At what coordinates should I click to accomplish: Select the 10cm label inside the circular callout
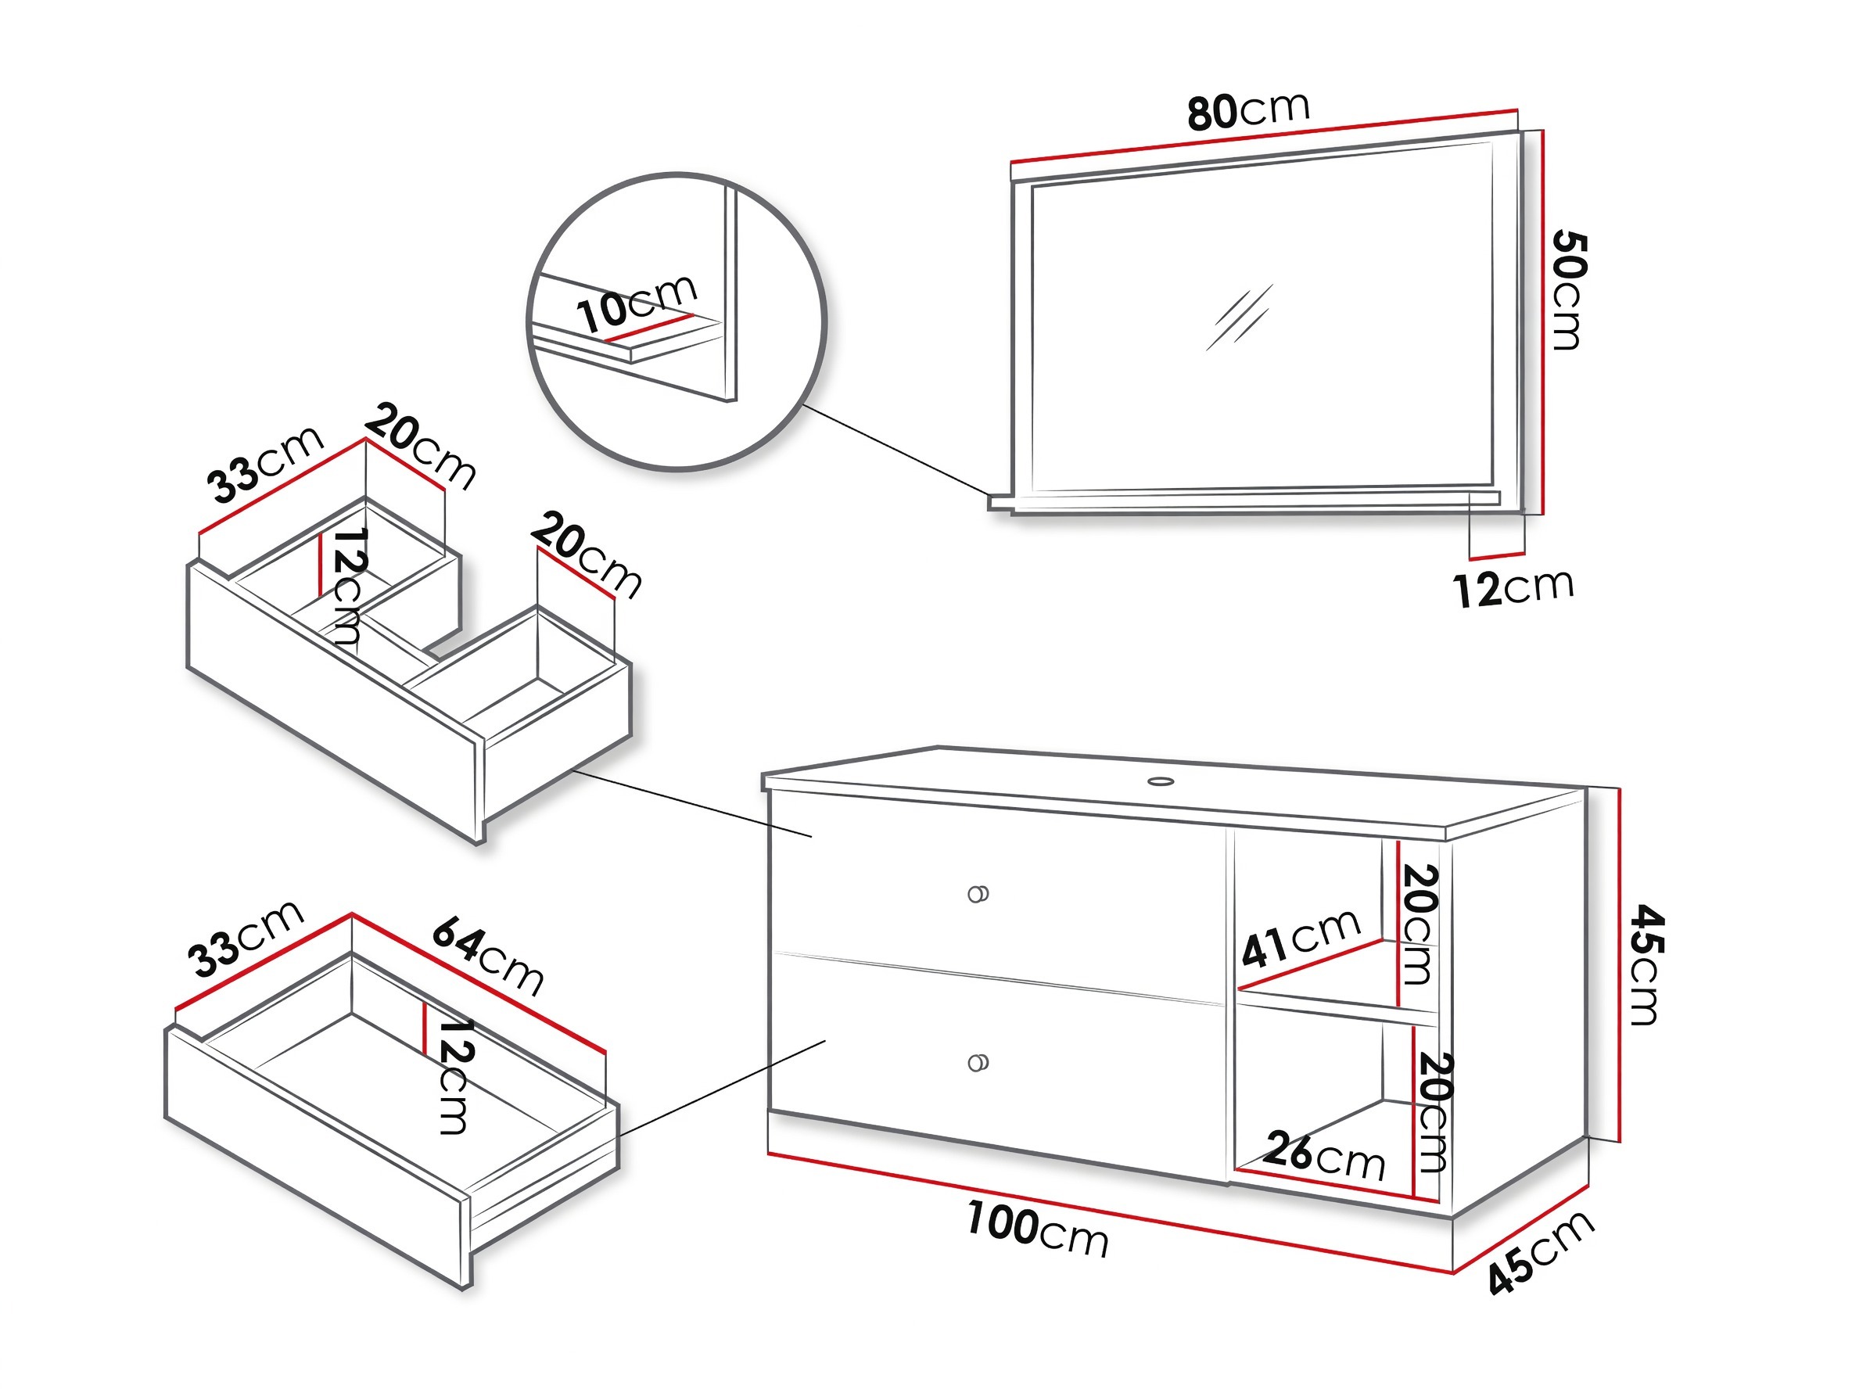(637, 302)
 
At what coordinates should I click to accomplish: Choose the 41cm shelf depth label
(1301, 937)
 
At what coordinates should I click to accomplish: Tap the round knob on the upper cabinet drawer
(978, 894)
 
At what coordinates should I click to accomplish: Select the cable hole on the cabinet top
(1161, 782)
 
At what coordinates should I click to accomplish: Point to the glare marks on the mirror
(1239, 318)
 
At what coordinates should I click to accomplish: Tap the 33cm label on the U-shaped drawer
(264, 465)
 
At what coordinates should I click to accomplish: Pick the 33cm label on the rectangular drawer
(245, 939)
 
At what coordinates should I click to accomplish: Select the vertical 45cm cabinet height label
(1646, 964)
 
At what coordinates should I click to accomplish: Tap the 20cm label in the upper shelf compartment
(1418, 924)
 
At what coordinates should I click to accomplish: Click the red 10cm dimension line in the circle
(650, 328)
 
